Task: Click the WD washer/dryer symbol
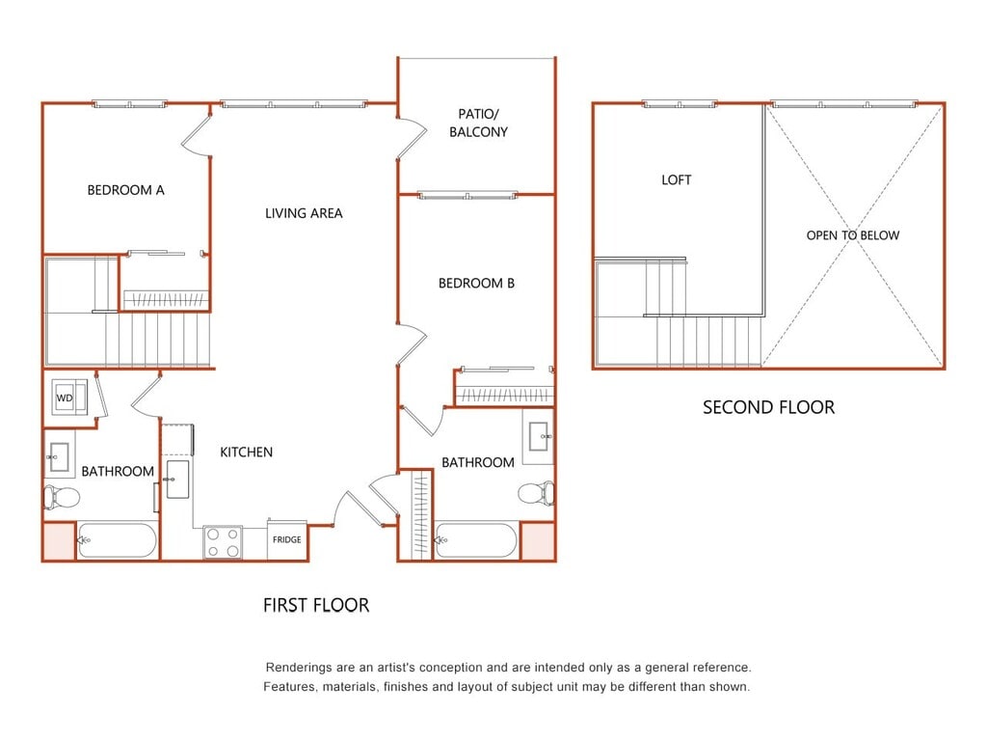[x=69, y=397]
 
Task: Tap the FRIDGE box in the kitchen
[x=287, y=540]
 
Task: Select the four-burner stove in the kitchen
[x=223, y=542]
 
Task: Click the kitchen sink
[x=177, y=480]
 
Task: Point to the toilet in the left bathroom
[x=61, y=497]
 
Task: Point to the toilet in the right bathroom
[x=536, y=492]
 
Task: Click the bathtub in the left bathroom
[x=117, y=540]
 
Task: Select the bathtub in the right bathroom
[x=476, y=540]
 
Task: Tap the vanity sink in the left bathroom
[x=58, y=456]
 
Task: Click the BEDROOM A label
[x=126, y=190]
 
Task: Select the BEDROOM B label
[x=476, y=284]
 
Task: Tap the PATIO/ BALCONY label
[x=478, y=123]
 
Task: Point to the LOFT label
[x=677, y=180]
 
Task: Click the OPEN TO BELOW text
[x=853, y=235]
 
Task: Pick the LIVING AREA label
[x=304, y=213]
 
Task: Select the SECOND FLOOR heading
[x=768, y=408]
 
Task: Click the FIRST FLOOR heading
[x=316, y=606]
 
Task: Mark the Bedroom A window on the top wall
[x=130, y=104]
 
